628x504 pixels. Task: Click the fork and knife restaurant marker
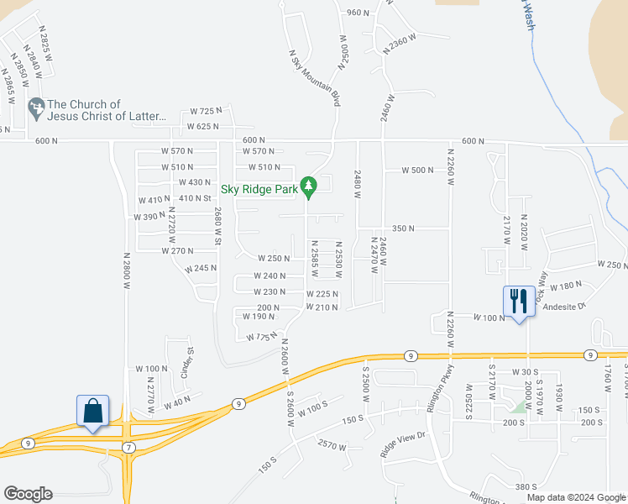click(x=518, y=301)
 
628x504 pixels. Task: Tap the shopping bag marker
click(x=93, y=412)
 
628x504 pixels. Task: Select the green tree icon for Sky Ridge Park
click(x=309, y=186)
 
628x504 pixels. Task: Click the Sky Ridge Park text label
click(x=260, y=190)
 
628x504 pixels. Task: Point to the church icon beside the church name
click(x=35, y=107)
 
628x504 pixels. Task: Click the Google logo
click(x=28, y=493)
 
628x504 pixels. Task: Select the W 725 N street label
click(x=206, y=111)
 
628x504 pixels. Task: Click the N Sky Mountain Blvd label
click(x=316, y=76)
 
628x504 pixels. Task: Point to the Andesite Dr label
click(x=563, y=307)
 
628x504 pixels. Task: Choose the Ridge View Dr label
click(x=404, y=444)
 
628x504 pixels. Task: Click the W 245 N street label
click(x=201, y=269)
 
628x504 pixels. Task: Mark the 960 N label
click(x=358, y=13)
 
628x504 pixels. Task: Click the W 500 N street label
click(x=416, y=170)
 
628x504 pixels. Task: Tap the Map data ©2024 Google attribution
click(x=575, y=497)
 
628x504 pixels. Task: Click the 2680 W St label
click(x=217, y=227)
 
